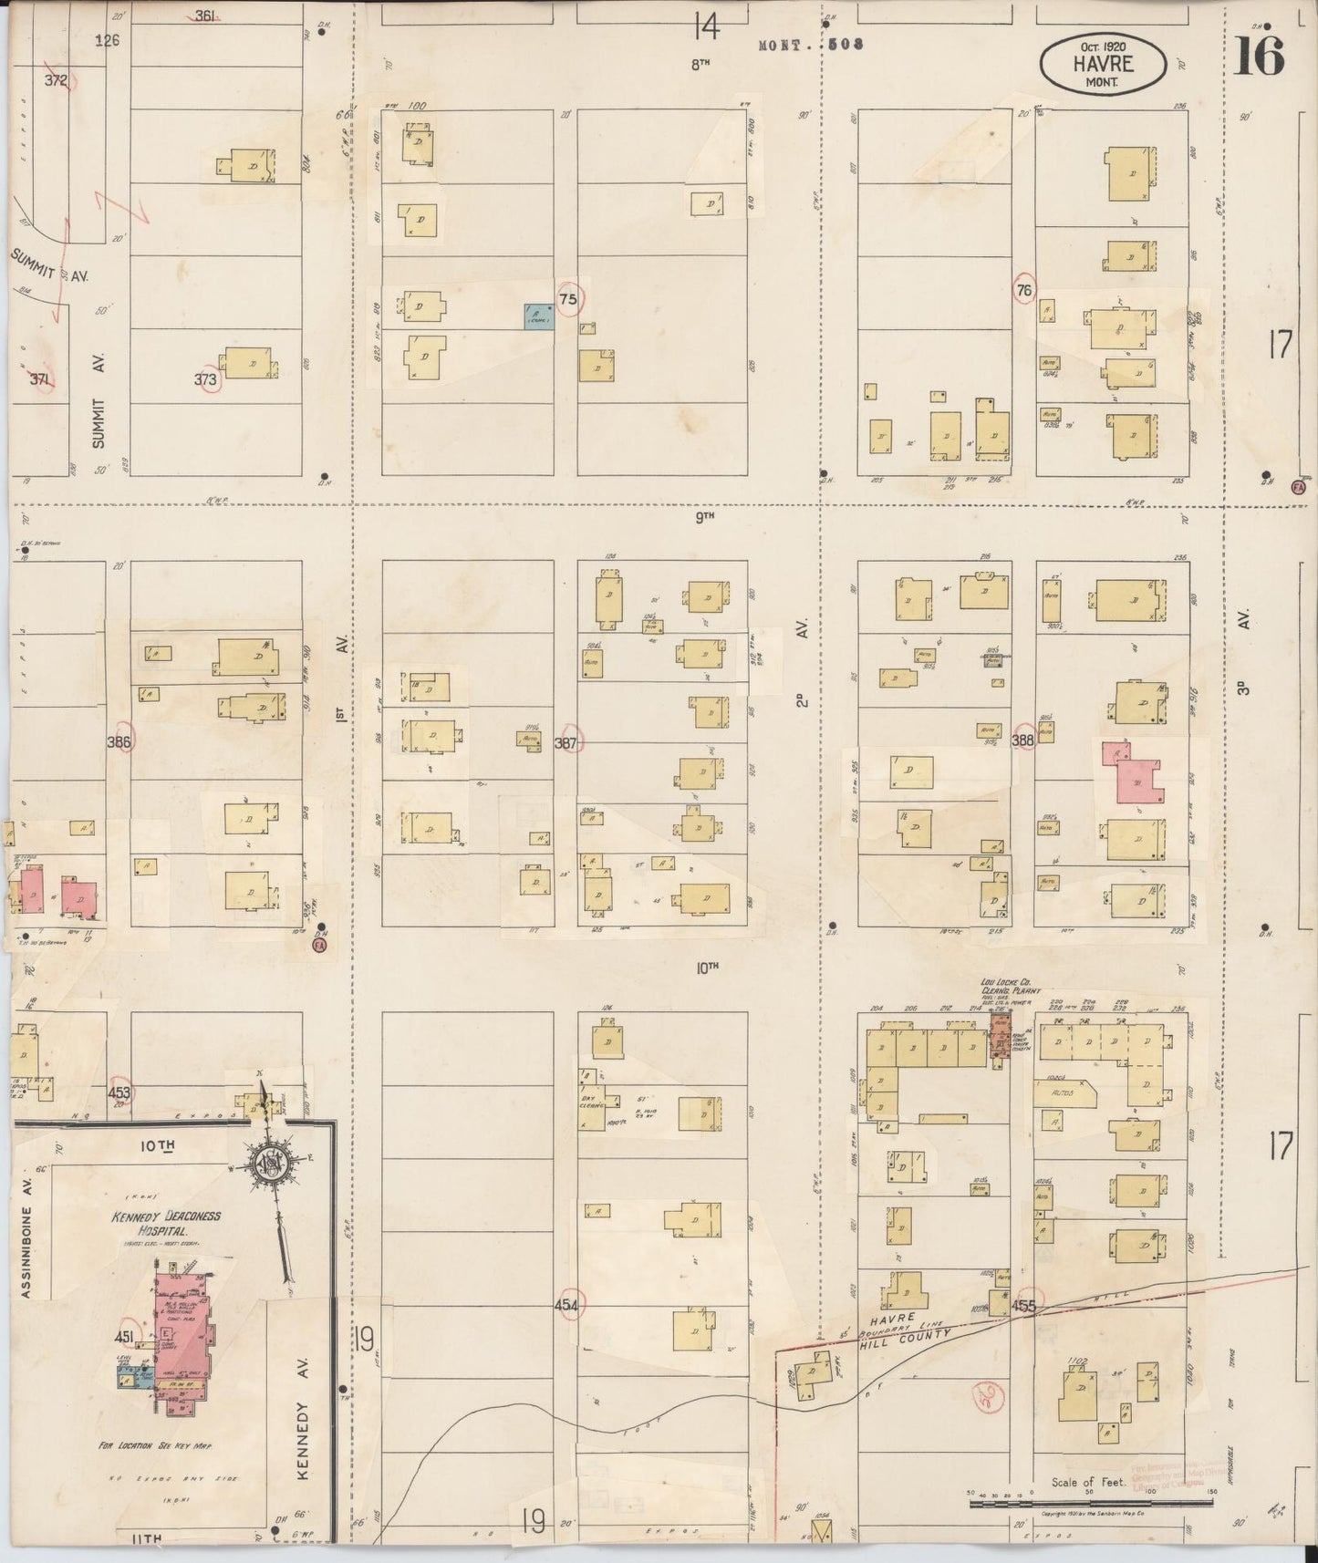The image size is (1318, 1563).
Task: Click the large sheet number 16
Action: pos(1260,57)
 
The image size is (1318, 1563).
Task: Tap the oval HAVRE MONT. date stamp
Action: pos(1103,64)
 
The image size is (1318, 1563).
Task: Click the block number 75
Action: pos(568,299)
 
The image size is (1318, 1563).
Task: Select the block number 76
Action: pos(1024,290)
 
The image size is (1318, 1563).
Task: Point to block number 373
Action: pos(207,380)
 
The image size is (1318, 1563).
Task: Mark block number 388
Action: pos(1022,741)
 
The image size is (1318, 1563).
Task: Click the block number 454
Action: pos(566,1306)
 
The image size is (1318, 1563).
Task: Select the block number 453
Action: pos(119,1092)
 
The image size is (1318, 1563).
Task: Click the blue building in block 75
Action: pos(538,316)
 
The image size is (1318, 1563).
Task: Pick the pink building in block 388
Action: pos(1134,776)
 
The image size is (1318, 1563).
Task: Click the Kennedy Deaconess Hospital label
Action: pos(165,1224)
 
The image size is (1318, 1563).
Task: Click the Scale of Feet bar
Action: pos(1090,1499)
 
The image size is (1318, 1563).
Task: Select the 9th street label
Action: pos(704,517)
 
